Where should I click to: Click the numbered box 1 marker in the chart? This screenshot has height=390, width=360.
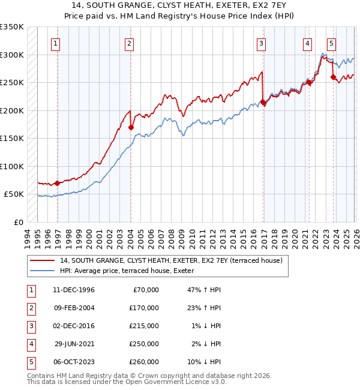tap(55, 43)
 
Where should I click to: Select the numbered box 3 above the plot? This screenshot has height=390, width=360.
tap(262, 43)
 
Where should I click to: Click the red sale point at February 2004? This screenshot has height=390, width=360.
tap(130, 127)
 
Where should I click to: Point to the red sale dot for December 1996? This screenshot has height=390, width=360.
tap(58, 183)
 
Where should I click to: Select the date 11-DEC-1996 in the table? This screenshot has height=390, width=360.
tap(74, 290)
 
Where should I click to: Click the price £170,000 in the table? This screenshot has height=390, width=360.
tap(145, 308)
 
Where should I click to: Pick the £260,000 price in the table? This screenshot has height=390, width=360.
tap(145, 362)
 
